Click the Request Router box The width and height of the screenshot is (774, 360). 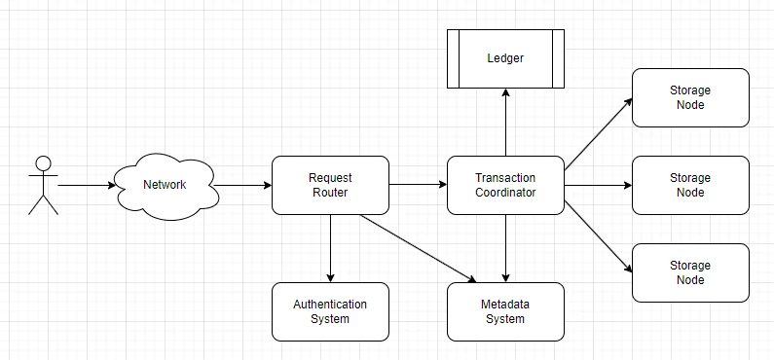(x=330, y=186)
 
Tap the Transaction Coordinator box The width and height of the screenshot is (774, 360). (x=505, y=186)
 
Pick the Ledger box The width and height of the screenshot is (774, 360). (x=505, y=58)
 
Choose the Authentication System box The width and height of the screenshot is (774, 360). (x=330, y=311)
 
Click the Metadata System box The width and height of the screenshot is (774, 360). (x=505, y=311)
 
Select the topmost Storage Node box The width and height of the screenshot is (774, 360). (x=690, y=97)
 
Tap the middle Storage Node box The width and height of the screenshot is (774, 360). (x=690, y=186)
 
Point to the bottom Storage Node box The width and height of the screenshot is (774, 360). (x=690, y=272)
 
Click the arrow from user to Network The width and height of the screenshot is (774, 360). (x=87, y=186)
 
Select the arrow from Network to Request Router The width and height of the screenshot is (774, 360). (x=242, y=186)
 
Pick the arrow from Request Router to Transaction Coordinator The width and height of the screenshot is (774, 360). (x=418, y=185)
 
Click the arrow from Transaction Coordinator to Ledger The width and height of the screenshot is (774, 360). (x=505, y=122)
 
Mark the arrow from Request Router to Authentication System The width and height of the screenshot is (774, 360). (x=330, y=248)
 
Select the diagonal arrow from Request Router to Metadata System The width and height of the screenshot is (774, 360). (x=419, y=248)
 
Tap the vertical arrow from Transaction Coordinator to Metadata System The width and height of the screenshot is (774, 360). (x=505, y=248)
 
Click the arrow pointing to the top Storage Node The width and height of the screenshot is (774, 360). (x=599, y=134)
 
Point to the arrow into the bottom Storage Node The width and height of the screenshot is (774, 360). (x=599, y=236)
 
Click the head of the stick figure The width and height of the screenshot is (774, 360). (x=44, y=163)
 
